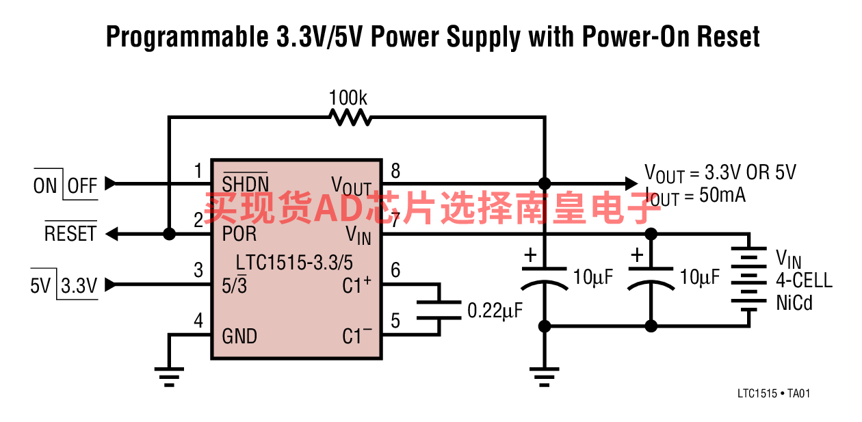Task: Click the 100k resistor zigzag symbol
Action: tap(350, 117)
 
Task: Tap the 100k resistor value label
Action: tap(348, 98)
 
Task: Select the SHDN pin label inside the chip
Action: tap(245, 183)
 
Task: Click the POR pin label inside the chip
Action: tap(239, 233)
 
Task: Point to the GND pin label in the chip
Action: tap(239, 337)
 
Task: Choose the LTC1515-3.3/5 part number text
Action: tap(294, 263)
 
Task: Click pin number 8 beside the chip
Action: tap(395, 171)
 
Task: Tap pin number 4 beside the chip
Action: tap(198, 321)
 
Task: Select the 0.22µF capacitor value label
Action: tap(495, 311)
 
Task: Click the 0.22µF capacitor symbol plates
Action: tap(439, 310)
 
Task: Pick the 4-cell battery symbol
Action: tap(749, 279)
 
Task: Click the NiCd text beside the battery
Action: tap(794, 303)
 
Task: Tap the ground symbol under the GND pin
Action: tap(169, 377)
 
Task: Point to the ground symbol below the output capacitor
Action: tap(544, 377)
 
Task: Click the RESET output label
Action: tap(70, 233)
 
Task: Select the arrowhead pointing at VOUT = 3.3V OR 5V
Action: tap(631, 183)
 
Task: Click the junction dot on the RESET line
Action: tap(169, 234)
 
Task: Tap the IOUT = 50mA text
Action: tap(696, 196)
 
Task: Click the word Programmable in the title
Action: tap(187, 38)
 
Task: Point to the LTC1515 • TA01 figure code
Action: tap(774, 393)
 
